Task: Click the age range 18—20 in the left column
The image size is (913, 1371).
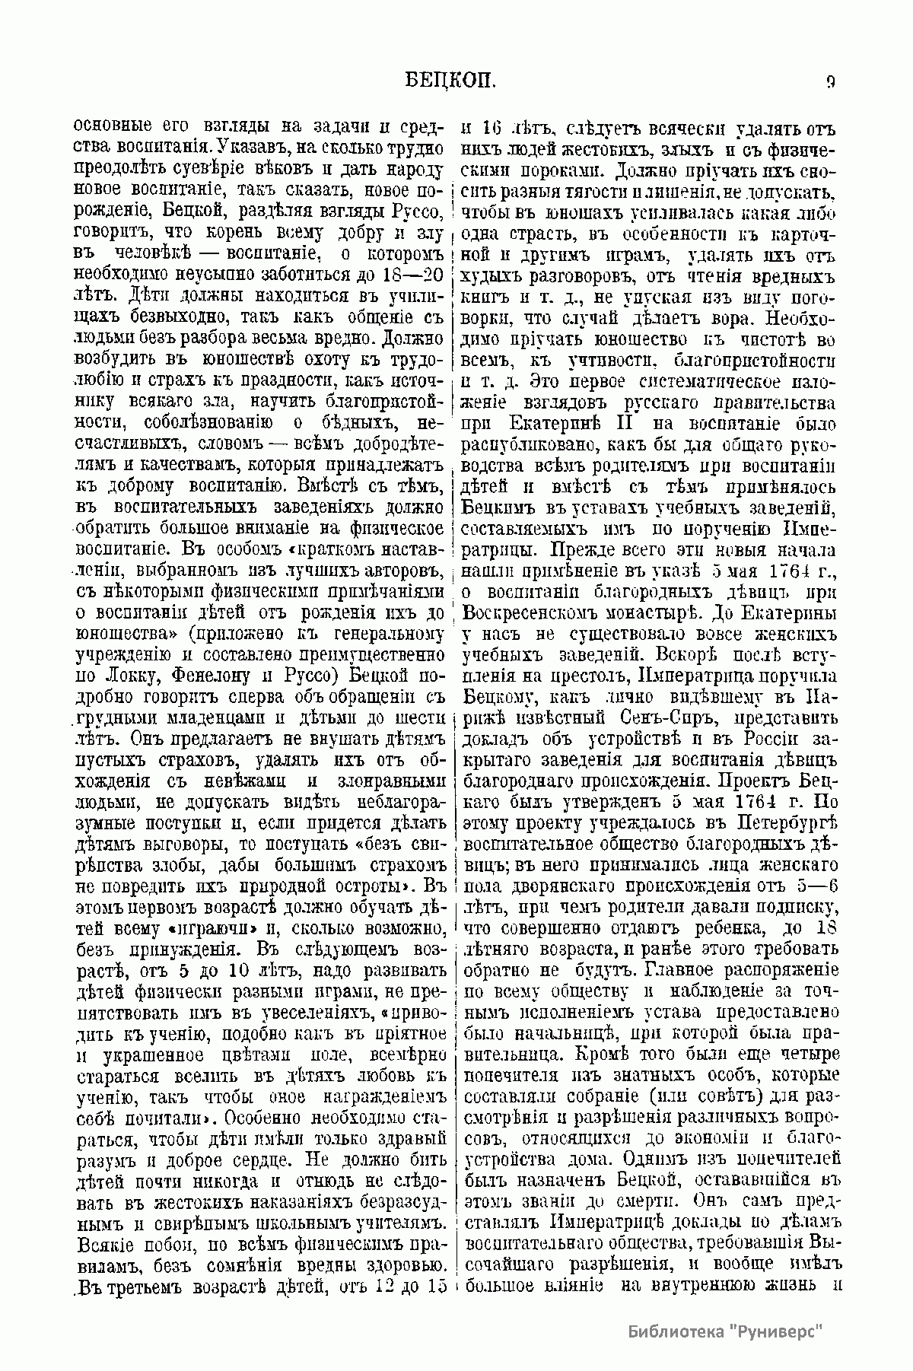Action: [x=412, y=275]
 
